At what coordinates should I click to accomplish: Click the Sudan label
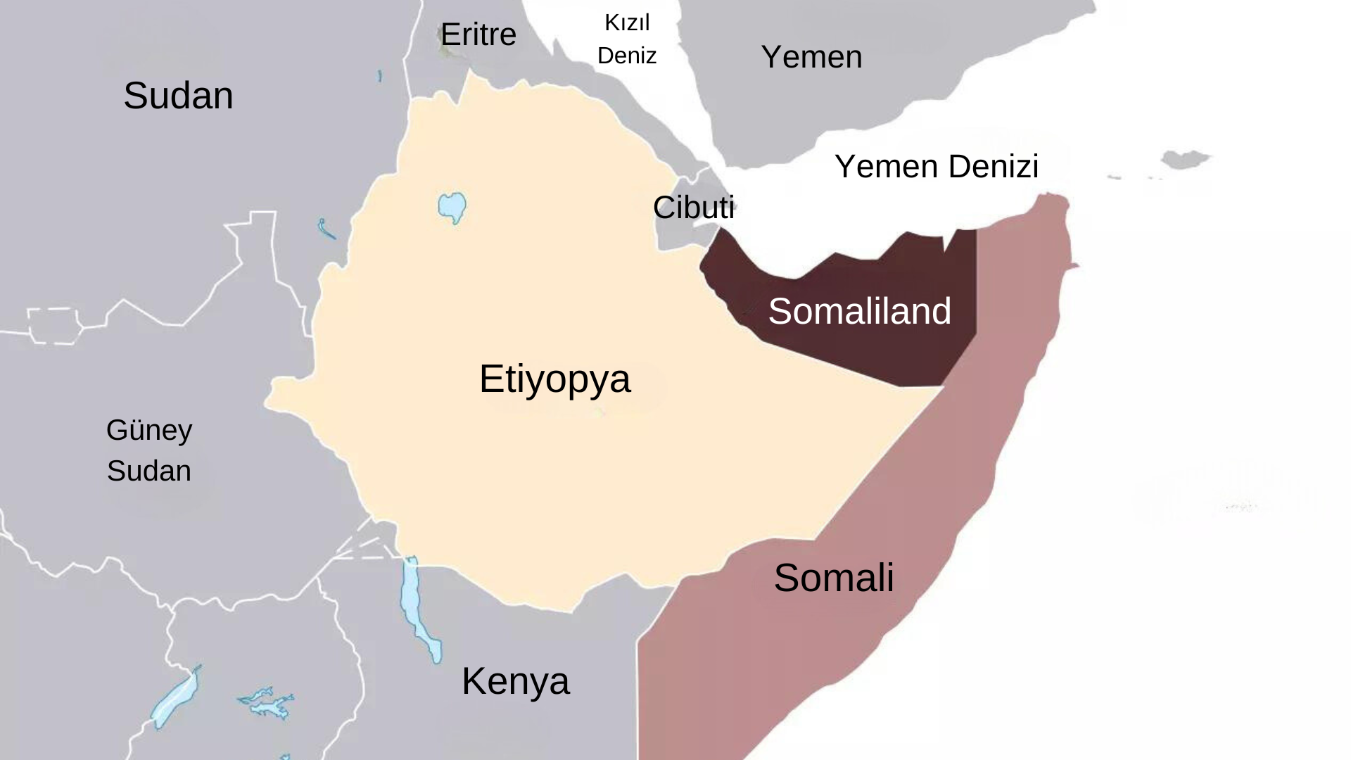178,96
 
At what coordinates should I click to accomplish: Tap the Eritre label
478,34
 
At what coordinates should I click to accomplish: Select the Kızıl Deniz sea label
627,39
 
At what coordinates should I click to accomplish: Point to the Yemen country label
811,57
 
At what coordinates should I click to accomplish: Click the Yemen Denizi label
937,167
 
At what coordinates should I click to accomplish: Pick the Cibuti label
693,208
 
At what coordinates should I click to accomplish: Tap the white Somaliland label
859,311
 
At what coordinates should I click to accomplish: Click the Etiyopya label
554,379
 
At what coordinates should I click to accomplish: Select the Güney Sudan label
149,450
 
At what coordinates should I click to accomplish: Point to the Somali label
834,578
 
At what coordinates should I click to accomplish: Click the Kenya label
515,681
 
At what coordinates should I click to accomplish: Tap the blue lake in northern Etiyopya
452,207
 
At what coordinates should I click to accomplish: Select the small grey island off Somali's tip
1186,159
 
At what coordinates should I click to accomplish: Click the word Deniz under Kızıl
627,56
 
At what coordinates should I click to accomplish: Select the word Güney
149,430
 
